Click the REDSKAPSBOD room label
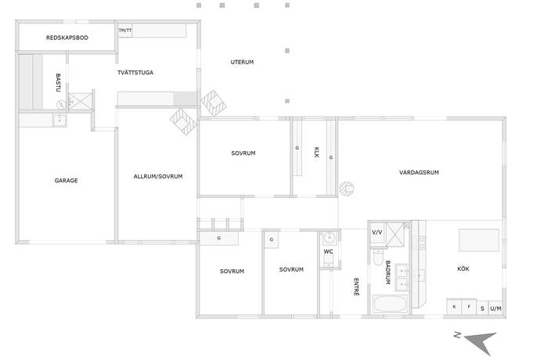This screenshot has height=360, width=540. point(67,38)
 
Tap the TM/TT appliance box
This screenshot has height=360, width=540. point(125,31)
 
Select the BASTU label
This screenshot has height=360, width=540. point(58,83)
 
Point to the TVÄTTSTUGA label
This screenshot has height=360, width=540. point(135,72)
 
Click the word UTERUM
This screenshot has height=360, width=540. point(242,62)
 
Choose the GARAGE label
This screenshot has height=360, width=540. point(66,180)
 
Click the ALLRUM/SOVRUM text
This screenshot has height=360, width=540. point(158,176)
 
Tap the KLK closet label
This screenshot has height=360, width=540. point(316,153)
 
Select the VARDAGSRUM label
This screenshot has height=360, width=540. point(419,172)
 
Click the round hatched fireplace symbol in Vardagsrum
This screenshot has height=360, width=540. point(347,189)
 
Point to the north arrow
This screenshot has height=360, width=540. point(481,342)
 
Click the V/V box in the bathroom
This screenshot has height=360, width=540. point(377,232)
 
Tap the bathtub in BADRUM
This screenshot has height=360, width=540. point(390,304)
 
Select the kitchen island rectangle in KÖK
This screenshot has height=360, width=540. point(479,240)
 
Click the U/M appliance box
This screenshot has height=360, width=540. point(495,308)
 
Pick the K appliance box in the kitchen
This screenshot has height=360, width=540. point(454,307)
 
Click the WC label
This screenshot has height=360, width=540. point(328,252)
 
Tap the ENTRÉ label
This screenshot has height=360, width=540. point(356,287)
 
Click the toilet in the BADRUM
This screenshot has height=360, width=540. point(378,257)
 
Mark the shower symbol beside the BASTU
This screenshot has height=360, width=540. point(81,102)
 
